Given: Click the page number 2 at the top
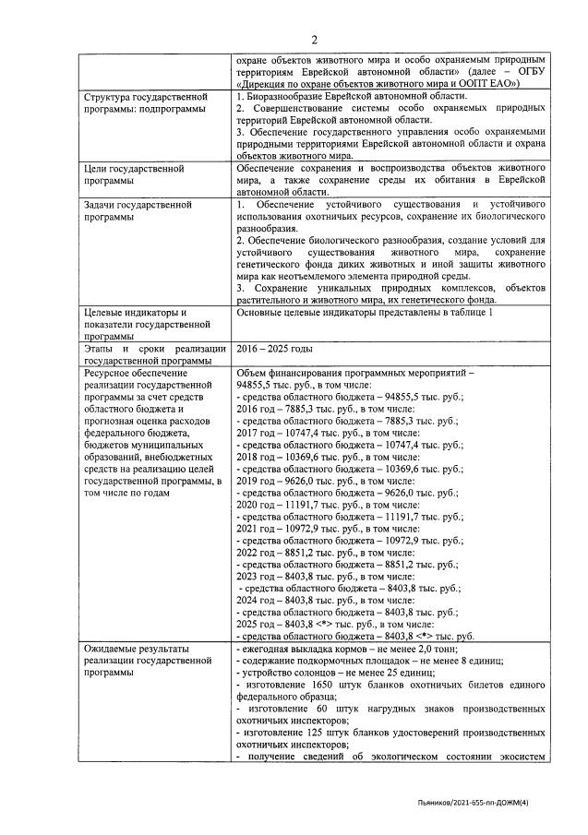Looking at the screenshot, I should pyautogui.click(x=314, y=39).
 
